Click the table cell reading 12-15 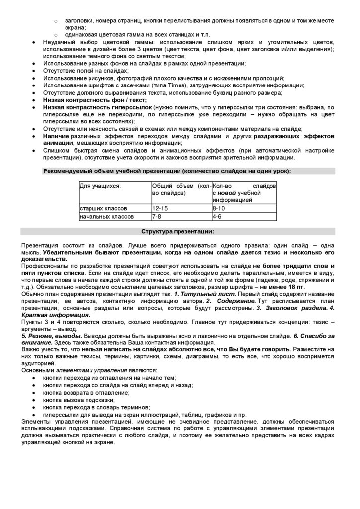point(160,208)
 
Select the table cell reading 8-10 point(219,208)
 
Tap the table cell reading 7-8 point(156,217)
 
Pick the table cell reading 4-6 point(217,217)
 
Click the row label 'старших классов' point(103,208)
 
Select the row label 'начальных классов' point(106,217)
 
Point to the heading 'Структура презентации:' point(178,231)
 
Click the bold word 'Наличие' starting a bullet point(55,136)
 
